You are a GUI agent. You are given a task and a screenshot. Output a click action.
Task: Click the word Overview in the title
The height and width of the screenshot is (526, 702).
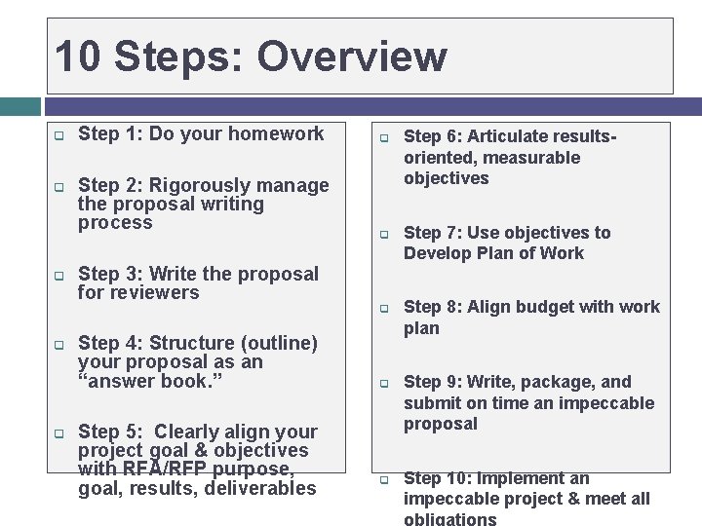352,56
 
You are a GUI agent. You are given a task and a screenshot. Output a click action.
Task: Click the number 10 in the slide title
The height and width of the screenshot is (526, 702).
79,56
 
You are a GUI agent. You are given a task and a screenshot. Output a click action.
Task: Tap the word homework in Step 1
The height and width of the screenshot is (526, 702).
278,134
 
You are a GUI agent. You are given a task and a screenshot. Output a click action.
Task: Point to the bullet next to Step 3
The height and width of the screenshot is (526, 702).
58,276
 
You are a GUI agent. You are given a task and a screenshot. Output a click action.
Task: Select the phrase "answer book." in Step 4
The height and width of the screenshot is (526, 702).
150,381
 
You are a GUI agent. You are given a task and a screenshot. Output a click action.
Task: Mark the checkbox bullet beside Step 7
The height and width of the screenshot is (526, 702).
384,235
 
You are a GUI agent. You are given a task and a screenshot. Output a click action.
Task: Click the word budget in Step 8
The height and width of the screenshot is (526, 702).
557,307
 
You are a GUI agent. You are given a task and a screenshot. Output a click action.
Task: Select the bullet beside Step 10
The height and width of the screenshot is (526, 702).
384,480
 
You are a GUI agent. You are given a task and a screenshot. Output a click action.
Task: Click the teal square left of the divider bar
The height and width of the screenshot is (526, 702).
19,106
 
